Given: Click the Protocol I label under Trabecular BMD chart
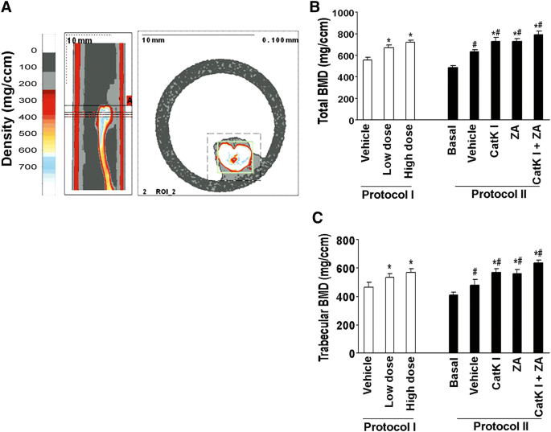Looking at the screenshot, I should click(389, 424).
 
